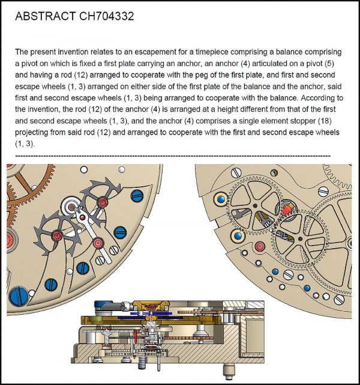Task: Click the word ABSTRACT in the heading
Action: click(x=45, y=16)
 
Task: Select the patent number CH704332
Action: click(x=107, y=16)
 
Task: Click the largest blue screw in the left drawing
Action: click(x=16, y=296)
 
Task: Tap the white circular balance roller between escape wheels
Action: click(x=73, y=208)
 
